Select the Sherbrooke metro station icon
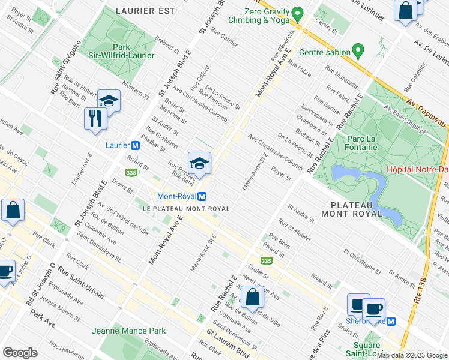tap(391, 321)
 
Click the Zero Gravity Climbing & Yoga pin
tap(297, 13)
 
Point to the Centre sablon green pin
tap(358, 51)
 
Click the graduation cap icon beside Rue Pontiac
tap(199, 162)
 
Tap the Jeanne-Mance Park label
tap(128, 331)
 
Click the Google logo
tap(20, 353)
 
